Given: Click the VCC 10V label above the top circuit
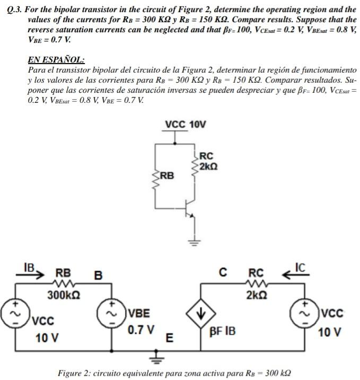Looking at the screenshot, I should click(x=185, y=125).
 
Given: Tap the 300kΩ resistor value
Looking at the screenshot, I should click(x=64, y=295).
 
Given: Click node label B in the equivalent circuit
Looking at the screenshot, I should click(x=98, y=276).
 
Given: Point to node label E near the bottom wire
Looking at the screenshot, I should click(x=169, y=338).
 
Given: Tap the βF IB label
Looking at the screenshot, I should click(x=223, y=332).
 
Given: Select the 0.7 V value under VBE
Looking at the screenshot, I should click(x=141, y=330).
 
